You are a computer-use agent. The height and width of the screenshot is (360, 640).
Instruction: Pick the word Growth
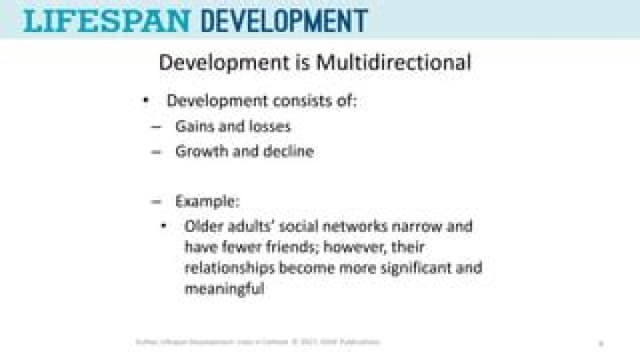point(199,151)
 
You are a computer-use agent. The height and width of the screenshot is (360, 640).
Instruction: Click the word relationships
point(227,268)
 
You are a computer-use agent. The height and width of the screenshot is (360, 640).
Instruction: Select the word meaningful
point(225,288)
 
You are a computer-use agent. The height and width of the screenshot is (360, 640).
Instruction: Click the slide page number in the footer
point(602,342)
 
